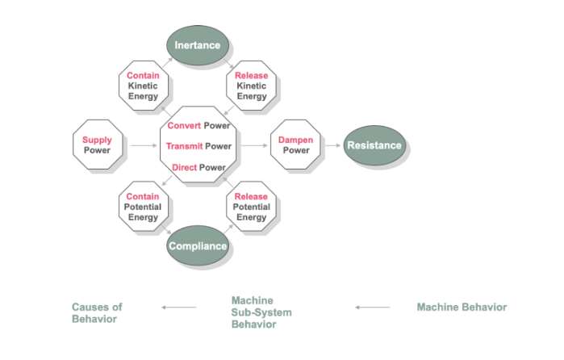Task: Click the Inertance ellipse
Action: (x=198, y=44)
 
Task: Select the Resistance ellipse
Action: (x=374, y=145)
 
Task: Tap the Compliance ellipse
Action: (x=198, y=245)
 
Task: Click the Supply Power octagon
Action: (x=98, y=145)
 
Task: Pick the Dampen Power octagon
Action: (x=295, y=145)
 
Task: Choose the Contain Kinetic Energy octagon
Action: (x=143, y=86)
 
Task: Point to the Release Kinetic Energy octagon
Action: (x=251, y=86)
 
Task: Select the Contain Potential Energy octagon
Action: (x=143, y=207)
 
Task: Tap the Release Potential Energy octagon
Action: (x=251, y=207)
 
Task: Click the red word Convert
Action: (x=184, y=125)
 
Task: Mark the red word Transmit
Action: (x=183, y=146)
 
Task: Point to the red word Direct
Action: (x=185, y=167)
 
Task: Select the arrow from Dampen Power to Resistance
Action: (x=332, y=146)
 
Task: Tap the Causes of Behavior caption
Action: (x=97, y=313)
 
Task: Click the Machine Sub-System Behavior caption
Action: (x=261, y=312)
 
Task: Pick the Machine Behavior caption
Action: (x=462, y=307)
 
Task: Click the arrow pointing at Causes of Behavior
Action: (x=179, y=307)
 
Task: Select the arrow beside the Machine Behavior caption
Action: (x=373, y=307)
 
